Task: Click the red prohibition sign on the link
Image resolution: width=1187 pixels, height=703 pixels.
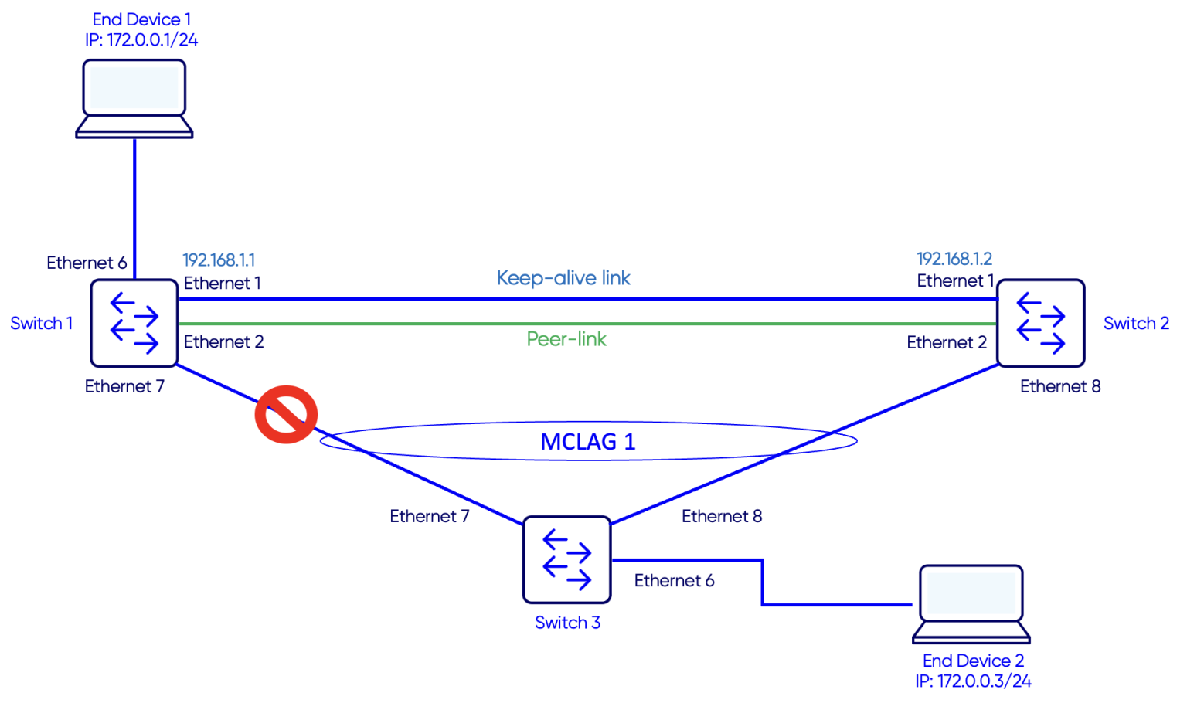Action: coord(286,415)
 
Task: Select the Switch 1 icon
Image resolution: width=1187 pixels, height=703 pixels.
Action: coord(134,323)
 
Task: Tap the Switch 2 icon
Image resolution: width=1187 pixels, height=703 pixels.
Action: coord(1041,323)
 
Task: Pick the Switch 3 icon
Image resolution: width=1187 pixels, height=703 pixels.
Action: coord(566,560)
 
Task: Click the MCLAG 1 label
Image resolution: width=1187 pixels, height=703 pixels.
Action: coord(587,442)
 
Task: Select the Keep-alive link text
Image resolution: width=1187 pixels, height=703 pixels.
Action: coord(563,278)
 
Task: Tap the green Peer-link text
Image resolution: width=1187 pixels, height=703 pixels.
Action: coord(566,339)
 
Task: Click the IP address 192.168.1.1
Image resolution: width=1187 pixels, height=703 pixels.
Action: coord(219,260)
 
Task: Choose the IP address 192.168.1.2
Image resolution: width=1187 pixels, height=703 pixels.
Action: coord(954,259)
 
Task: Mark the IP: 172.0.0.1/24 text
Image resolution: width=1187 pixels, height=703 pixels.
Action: coord(141,40)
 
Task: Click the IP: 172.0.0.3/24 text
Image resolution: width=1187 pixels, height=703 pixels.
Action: coord(973,681)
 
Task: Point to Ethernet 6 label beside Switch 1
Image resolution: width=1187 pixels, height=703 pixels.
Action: coord(87,263)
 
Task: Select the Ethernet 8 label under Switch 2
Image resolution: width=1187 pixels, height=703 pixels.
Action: coord(1060,386)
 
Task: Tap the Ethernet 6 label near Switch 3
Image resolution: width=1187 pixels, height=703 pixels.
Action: coord(674,581)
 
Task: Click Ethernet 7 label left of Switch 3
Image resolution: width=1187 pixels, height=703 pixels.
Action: coord(430,516)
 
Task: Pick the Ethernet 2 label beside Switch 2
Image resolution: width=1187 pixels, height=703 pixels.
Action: coord(947,342)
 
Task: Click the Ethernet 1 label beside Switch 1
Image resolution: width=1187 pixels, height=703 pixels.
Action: coord(223,284)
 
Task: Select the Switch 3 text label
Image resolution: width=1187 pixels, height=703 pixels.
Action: coord(567,623)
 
